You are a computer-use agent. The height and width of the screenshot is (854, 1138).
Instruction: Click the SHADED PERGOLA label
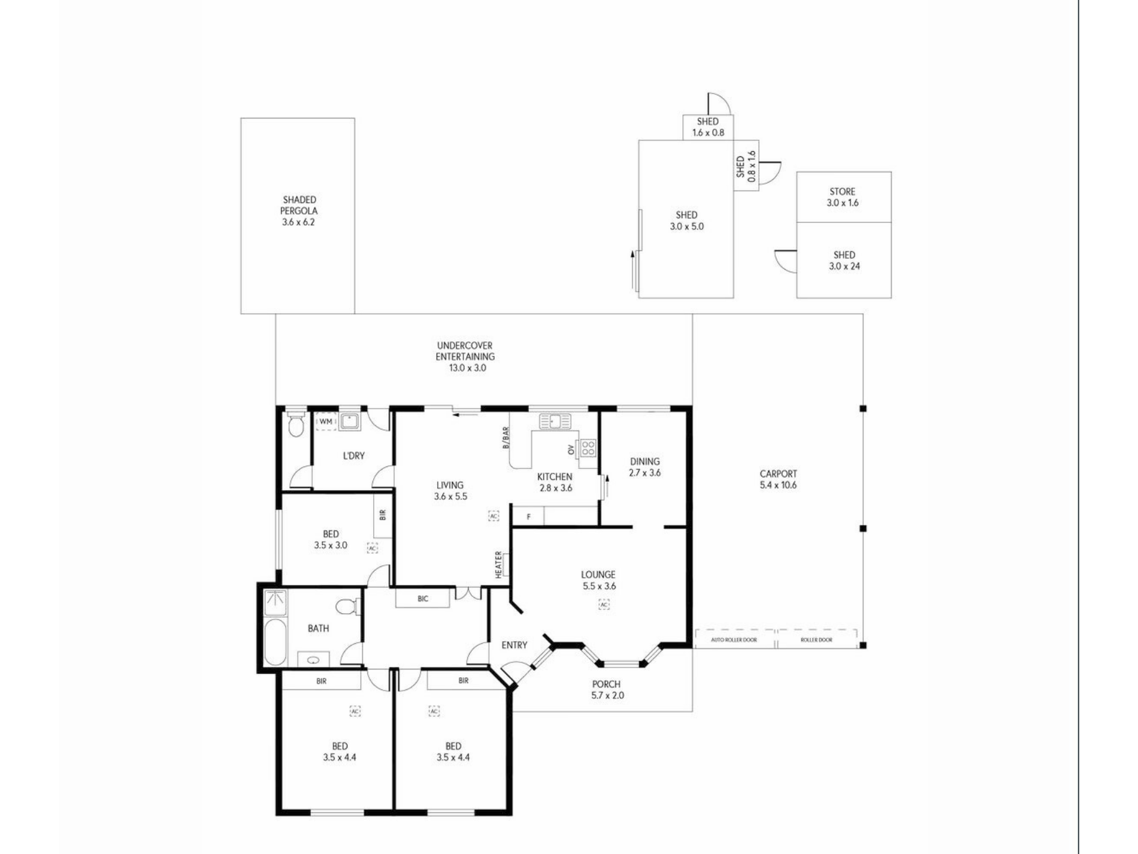point(298,205)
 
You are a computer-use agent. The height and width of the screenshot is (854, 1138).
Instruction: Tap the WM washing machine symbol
point(325,421)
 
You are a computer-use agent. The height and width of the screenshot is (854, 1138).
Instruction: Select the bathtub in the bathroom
point(275,642)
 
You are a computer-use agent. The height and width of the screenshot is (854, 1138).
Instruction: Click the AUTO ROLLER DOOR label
point(734,639)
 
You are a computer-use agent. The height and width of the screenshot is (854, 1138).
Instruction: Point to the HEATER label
point(498,565)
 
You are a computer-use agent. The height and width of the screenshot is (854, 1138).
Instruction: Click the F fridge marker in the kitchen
point(528,516)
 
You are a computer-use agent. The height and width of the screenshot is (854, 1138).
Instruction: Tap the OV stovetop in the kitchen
point(588,448)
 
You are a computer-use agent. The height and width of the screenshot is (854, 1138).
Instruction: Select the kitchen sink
point(555,421)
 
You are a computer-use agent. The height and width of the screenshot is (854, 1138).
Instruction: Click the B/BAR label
point(506,438)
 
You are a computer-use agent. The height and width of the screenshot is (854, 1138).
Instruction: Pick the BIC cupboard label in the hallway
point(423,599)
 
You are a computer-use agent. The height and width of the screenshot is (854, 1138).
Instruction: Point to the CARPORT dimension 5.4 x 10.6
point(778,485)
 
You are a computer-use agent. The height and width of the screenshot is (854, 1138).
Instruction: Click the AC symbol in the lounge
point(604,605)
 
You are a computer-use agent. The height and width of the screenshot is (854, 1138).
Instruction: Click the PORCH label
point(606,684)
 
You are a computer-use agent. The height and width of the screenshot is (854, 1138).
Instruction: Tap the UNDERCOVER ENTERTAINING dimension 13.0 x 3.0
point(467,368)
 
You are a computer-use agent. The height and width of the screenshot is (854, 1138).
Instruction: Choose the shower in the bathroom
point(276,601)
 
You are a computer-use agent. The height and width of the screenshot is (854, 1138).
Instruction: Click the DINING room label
point(644,461)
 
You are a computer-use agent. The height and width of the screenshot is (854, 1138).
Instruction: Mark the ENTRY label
point(514,645)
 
